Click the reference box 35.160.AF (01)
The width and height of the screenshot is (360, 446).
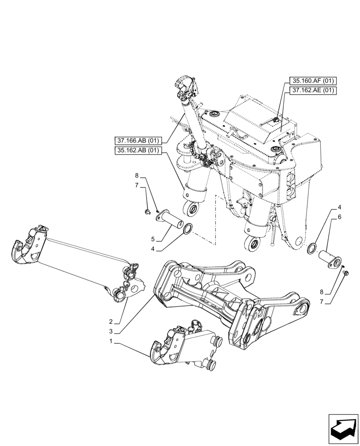pyautogui.click(x=313, y=81)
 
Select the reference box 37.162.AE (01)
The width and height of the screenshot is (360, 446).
pyautogui.click(x=313, y=91)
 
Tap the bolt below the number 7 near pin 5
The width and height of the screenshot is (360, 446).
pyautogui.click(x=148, y=211)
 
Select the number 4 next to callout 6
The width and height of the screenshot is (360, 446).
pyautogui.click(x=340, y=207)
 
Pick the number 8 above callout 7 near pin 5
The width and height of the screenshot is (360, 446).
pyautogui.click(x=137, y=176)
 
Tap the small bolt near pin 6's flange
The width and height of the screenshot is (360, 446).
pyautogui.click(x=347, y=273)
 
